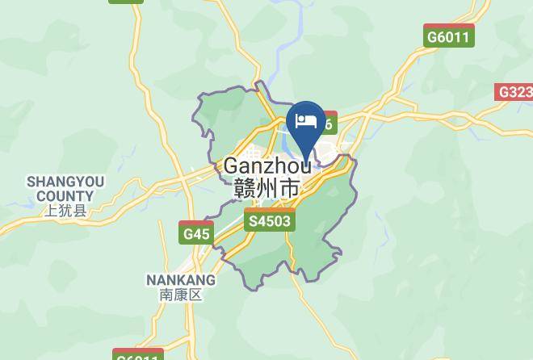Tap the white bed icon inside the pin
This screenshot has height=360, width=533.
click(x=306, y=121)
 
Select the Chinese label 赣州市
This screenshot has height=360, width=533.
click(x=266, y=189)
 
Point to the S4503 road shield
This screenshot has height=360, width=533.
click(x=271, y=220)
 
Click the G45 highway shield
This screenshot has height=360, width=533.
click(x=195, y=233)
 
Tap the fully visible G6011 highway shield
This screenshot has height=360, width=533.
click(x=449, y=36)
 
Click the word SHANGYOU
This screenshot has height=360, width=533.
click(x=65, y=181)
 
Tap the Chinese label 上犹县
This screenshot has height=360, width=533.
click(x=65, y=211)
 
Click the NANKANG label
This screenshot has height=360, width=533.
click(x=181, y=280)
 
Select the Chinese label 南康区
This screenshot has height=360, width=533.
click(x=181, y=295)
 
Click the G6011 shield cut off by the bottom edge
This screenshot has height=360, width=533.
click(x=138, y=355)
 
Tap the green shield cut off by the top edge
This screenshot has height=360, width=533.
click(x=126, y=2)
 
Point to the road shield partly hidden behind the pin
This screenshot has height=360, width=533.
click(x=327, y=123)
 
